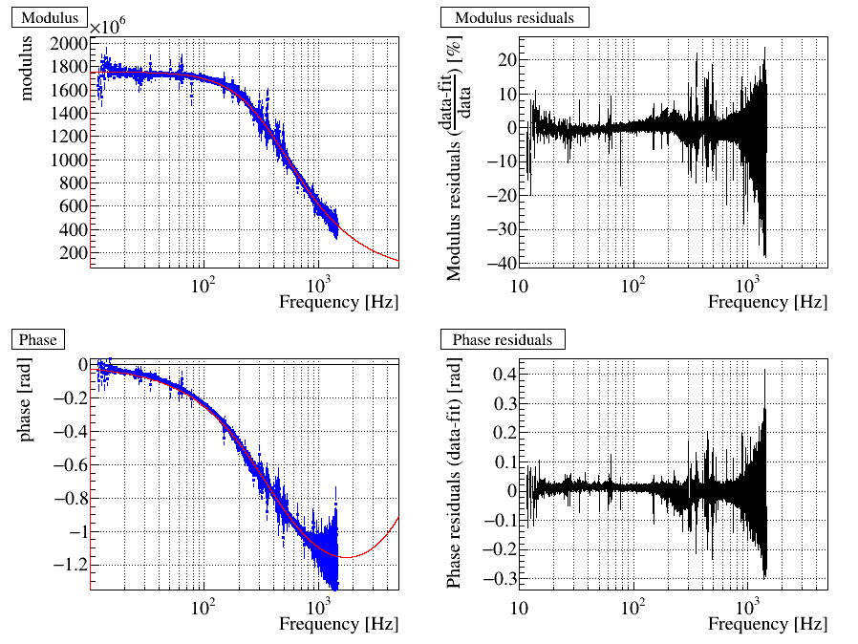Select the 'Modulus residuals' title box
[x=514, y=18]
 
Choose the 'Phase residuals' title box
[x=502, y=339]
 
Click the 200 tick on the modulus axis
[x=75, y=252]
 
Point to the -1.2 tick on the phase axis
[x=71, y=565]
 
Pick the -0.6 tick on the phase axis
[x=71, y=464]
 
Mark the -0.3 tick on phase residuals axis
[x=498, y=579]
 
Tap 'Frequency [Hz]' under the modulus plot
[x=339, y=302]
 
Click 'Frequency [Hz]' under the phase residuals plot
[x=768, y=624]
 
